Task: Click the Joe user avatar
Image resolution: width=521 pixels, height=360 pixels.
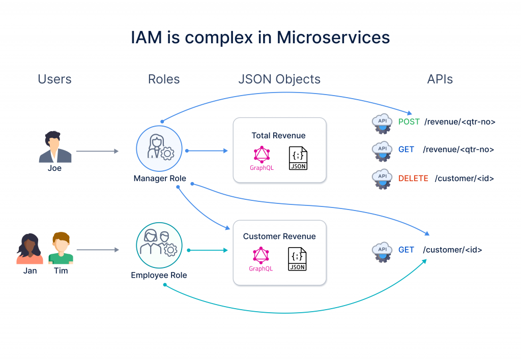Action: [55, 147]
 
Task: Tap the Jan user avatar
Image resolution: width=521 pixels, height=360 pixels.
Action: [30, 249]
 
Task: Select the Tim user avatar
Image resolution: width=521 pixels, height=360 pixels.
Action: [61, 248]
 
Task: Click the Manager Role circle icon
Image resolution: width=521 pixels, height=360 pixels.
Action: [159, 148]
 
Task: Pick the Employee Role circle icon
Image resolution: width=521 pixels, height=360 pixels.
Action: [159, 245]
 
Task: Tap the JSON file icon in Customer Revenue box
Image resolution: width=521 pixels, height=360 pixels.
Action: [297, 259]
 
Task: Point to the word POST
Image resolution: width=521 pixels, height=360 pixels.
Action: [409, 122]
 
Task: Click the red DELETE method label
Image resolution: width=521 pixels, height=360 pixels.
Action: [413, 178]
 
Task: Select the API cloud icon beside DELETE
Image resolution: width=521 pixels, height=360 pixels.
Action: [382, 179]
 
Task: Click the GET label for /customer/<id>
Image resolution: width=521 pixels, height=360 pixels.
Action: [406, 250]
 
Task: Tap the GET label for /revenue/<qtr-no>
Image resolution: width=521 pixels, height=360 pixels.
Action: [406, 149]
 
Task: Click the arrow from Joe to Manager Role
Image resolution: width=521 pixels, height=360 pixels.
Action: [97, 151]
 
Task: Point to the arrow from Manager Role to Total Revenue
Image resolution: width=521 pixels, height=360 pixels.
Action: [207, 151]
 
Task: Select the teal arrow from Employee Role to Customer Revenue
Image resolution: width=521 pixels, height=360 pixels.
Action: [208, 250]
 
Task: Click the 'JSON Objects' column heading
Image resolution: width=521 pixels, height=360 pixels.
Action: [279, 79]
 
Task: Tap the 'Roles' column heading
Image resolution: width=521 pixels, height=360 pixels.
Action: [164, 79]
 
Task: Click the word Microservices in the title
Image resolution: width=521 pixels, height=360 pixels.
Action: [333, 37]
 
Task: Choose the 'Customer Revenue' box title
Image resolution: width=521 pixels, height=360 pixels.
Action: [279, 236]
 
